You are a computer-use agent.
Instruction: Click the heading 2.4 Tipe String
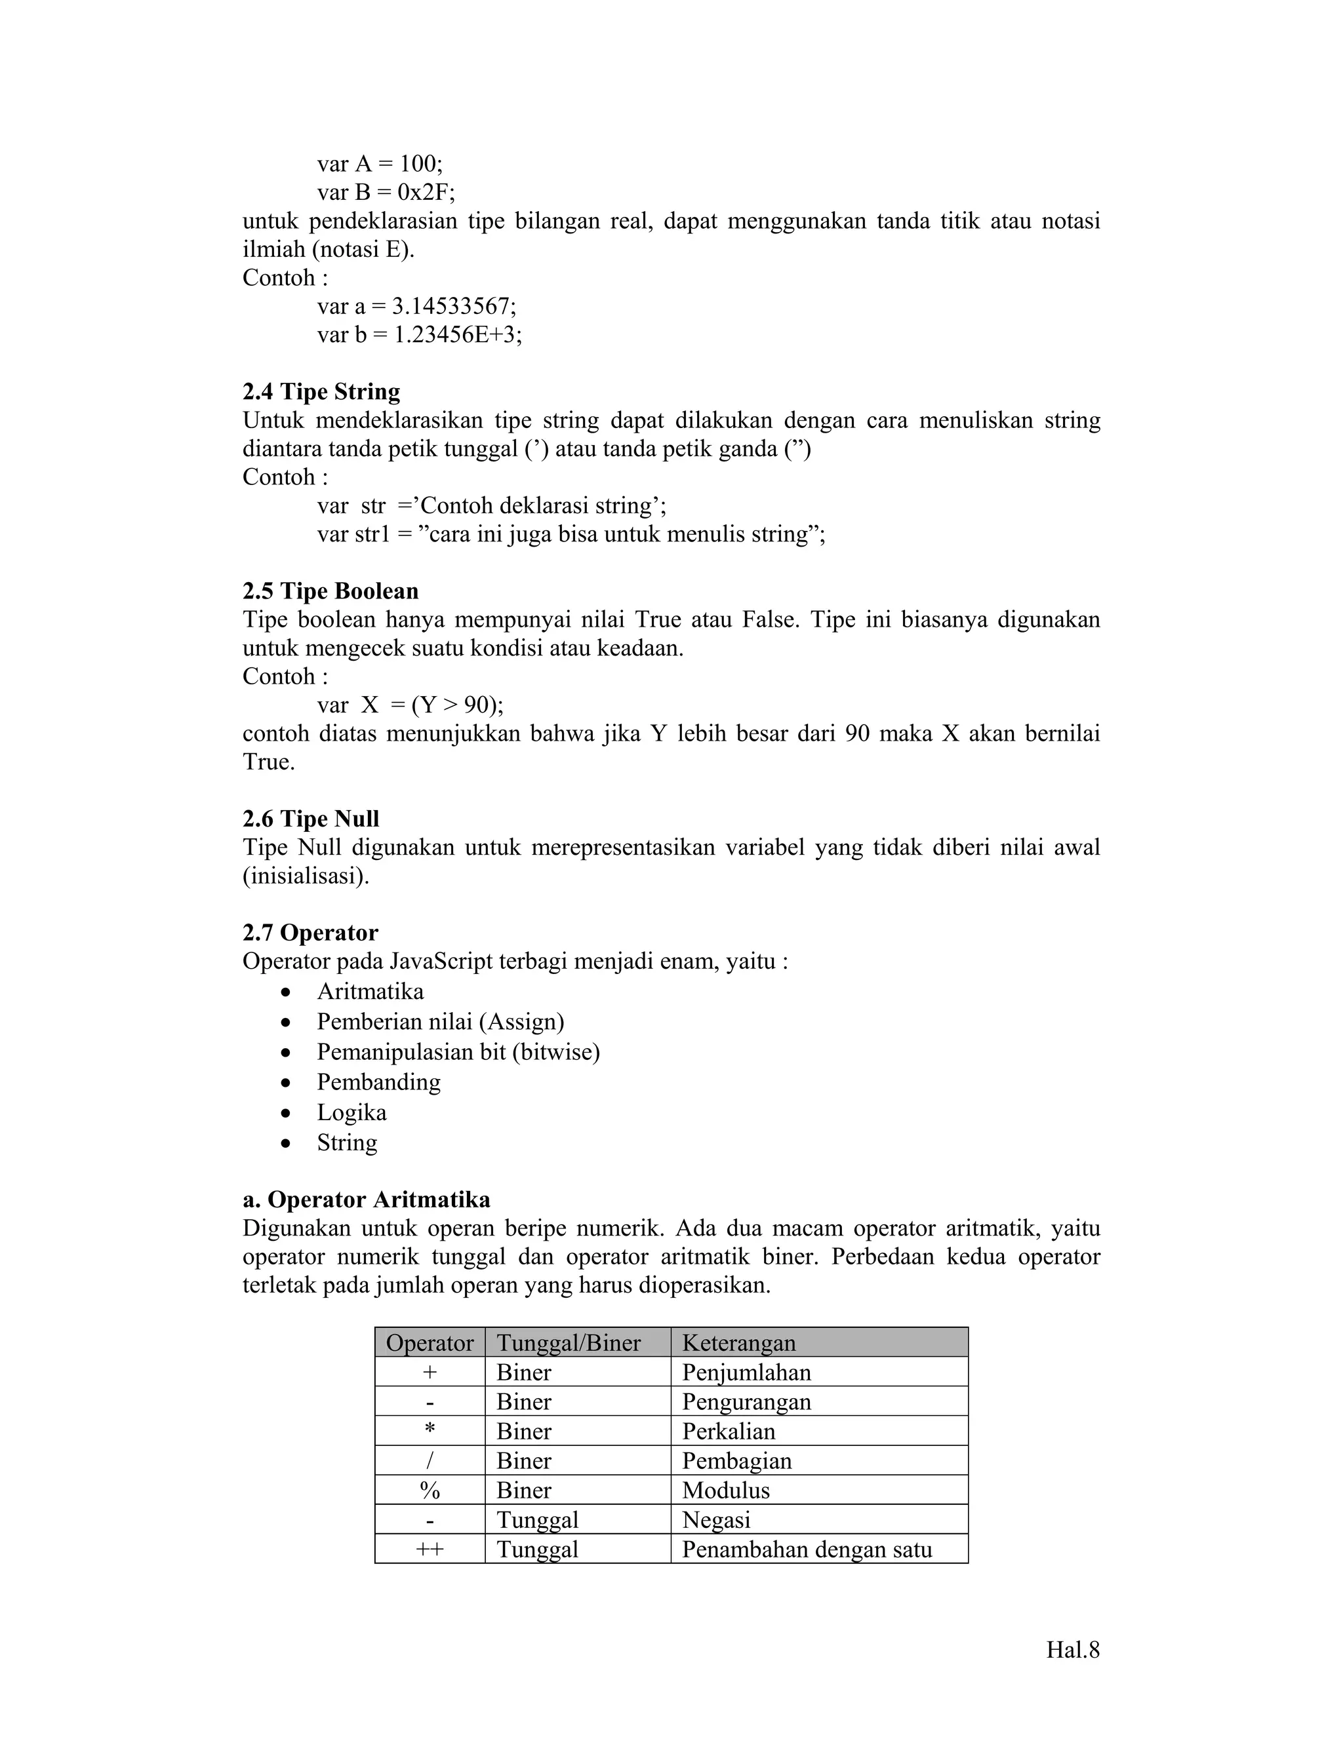pos(321,392)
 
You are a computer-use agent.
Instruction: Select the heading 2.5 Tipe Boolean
pos(331,591)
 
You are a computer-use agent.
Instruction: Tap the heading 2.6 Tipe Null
pos(311,819)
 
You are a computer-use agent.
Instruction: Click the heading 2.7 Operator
pos(310,932)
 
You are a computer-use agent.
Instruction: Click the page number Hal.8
pos(1072,1650)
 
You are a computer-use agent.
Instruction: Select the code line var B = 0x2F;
pos(386,193)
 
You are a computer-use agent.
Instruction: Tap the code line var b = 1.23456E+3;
pos(419,335)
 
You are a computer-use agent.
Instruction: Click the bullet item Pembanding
pos(379,1082)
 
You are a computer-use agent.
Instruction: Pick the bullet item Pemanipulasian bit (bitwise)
pos(458,1051)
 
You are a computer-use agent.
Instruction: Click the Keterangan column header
pos(738,1343)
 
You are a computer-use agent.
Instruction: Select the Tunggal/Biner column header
pos(568,1343)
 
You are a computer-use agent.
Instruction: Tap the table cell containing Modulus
pos(726,1491)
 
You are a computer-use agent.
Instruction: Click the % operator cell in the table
pos(430,1491)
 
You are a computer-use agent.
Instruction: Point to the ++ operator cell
pos(430,1550)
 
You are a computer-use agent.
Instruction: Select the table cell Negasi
pos(716,1520)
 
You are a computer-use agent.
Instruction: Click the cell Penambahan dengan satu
pos(807,1550)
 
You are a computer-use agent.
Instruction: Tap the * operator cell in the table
pos(430,1432)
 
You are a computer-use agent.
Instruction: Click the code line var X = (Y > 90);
pos(410,705)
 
